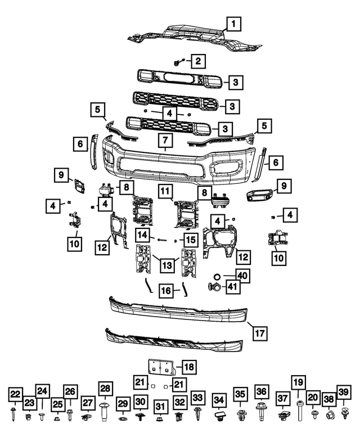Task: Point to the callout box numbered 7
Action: point(165,140)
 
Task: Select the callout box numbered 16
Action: point(166,291)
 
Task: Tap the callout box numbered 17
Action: point(260,333)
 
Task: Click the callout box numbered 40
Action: point(241,276)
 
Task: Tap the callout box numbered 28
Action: point(105,389)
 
